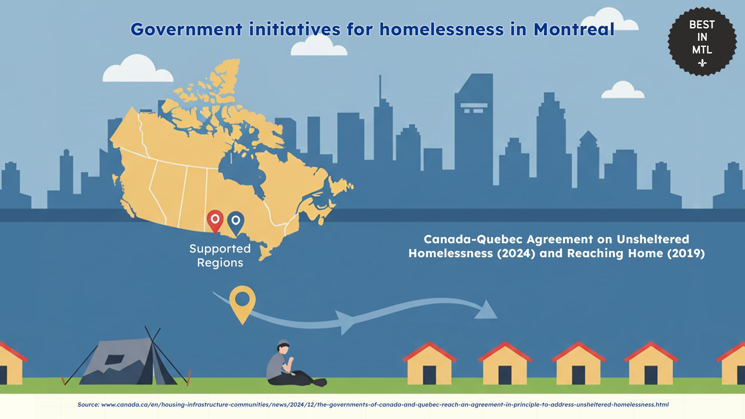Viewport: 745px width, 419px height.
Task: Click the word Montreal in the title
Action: [574, 29]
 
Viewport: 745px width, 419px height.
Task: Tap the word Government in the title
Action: [187, 29]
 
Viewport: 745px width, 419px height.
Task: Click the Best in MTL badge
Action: [702, 41]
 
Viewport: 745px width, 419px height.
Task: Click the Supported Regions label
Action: [220, 256]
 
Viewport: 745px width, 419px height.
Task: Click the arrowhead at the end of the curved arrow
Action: [486, 310]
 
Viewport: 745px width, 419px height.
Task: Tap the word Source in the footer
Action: [88, 405]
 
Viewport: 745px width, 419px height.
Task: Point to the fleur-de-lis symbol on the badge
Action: [702, 63]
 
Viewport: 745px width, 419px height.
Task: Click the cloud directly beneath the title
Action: [319, 45]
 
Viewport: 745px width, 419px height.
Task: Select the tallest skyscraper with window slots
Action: [474, 128]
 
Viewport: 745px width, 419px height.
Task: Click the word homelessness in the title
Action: [442, 29]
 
